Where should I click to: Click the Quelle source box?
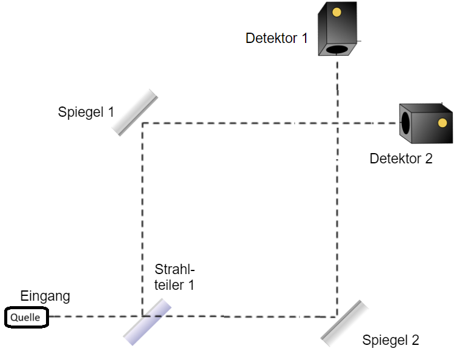pos(26,317)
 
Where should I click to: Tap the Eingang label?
pos(45,296)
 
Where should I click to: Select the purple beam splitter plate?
pos(147,322)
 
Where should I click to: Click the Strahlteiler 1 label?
pos(175,277)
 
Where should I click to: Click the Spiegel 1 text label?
pos(86,112)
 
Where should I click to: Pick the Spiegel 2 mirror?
pos(344,323)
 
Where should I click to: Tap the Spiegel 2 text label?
pos(390,340)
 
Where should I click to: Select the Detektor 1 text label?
pos(277,38)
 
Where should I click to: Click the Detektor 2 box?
pos(426,123)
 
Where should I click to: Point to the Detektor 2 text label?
pos(401,159)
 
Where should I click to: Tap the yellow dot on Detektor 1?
pos(337,11)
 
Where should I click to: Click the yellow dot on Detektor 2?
pos(442,123)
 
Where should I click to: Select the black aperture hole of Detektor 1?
pos(337,49)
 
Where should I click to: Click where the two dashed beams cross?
pos(337,123)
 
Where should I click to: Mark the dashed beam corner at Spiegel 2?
pos(337,316)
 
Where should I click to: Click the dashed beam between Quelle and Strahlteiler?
pos(91,316)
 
